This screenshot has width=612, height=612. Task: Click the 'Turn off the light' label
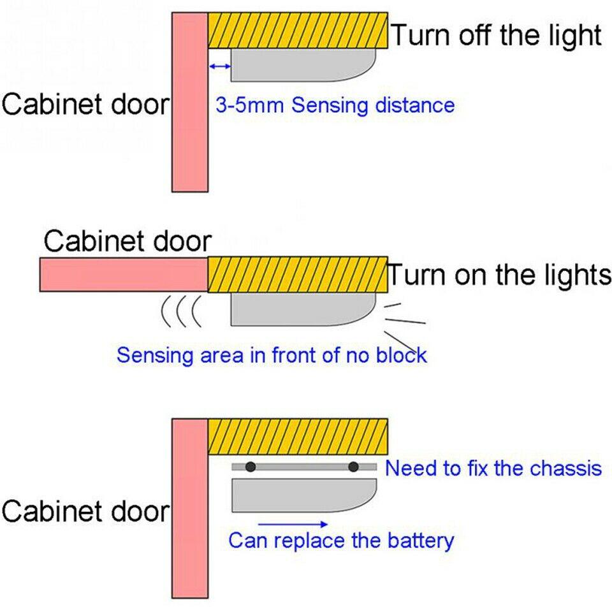[495, 35]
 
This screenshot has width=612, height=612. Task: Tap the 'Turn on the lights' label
[499, 275]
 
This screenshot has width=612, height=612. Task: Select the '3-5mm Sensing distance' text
[335, 105]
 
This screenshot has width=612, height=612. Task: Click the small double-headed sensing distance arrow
[219, 66]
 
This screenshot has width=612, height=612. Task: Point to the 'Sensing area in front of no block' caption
[272, 354]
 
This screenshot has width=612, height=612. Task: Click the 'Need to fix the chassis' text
[493, 469]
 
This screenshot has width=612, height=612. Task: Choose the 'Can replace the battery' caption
[341, 541]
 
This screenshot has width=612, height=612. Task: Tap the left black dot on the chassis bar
[251, 467]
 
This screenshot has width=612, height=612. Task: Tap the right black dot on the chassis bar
[353, 467]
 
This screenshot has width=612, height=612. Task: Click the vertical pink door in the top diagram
[190, 102]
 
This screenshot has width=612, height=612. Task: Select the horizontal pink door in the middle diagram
[124, 275]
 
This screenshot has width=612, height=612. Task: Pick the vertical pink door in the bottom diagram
[190, 508]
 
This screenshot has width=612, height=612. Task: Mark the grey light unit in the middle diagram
[300, 309]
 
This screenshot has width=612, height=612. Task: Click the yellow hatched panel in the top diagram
[298, 30]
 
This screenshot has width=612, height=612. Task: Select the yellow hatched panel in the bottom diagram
[298, 437]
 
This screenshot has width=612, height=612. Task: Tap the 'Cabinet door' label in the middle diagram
[127, 242]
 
